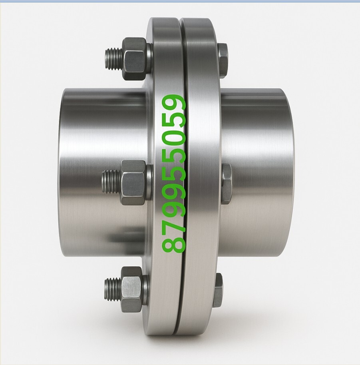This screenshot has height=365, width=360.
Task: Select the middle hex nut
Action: coord(133,183)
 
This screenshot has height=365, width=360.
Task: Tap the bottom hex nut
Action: coord(132,289)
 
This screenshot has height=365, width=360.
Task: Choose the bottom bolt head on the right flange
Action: coord(218,290)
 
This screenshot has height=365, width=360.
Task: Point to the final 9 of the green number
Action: coord(175,104)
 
